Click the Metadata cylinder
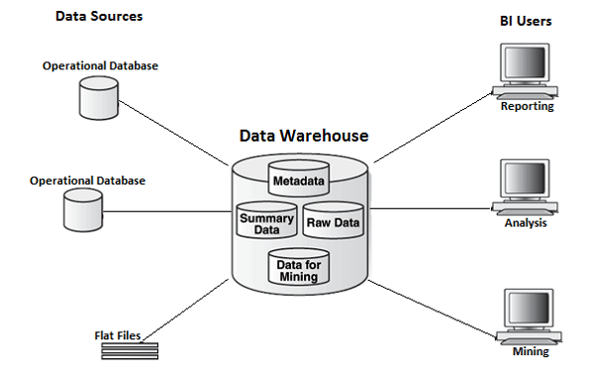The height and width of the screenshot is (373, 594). click(x=299, y=181)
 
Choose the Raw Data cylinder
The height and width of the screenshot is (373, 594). click(x=333, y=222)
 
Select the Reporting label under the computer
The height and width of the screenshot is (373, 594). click(x=527, y=106)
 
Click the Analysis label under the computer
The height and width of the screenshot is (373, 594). click(x=526, y=223)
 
